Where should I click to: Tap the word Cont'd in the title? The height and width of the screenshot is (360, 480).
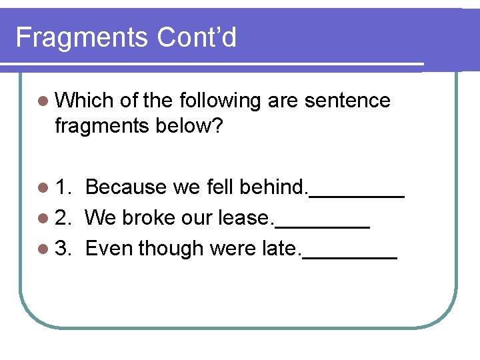(x=197, y=37)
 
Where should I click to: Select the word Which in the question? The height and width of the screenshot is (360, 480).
(x=85, y=101)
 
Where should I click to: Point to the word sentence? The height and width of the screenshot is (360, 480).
(x=347, y=101)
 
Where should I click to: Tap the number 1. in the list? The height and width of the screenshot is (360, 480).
(x=65, y=187)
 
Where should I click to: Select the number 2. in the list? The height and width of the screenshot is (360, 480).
(x=65, y=217)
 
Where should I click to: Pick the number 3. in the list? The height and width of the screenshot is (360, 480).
(x=65, y=248)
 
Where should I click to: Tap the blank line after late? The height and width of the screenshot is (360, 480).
(x=351, y=257)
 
